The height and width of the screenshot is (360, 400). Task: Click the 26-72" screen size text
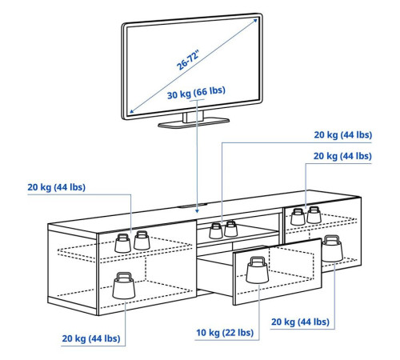tap(188, 60)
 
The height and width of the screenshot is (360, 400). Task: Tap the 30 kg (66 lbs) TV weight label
tap(196, 92)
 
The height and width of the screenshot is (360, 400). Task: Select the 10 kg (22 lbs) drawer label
tap(225, 333)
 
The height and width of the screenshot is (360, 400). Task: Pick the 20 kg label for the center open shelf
tap(343, 135)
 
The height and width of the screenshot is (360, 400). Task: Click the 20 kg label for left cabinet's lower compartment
tap(91, 338)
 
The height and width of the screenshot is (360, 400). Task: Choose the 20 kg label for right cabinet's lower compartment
tap(300, 322)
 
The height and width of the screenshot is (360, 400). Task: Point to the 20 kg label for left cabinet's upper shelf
tap(57, 187)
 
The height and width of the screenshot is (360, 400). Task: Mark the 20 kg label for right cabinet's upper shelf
tap(342, 156)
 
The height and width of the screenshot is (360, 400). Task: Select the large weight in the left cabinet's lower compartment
tap(124, 286)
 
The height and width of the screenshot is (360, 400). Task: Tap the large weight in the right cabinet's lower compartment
tap(332, 249)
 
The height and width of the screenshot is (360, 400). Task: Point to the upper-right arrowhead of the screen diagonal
tap(255, 21)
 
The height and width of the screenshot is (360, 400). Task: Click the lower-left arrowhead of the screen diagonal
tap(132, 111)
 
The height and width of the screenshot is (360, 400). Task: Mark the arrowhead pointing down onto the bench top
tap(197, 211)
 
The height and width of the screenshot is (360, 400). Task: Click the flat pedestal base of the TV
tap(194, 123)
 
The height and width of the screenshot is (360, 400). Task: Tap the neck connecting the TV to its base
tap(193, 117)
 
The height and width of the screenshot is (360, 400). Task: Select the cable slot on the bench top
tap(192, 206)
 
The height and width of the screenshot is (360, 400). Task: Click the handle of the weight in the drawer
tap(257, 260)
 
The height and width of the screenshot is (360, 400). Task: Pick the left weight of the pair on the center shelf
tap(216, 231)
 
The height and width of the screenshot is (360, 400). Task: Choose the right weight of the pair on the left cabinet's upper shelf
tap(142, 240)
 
